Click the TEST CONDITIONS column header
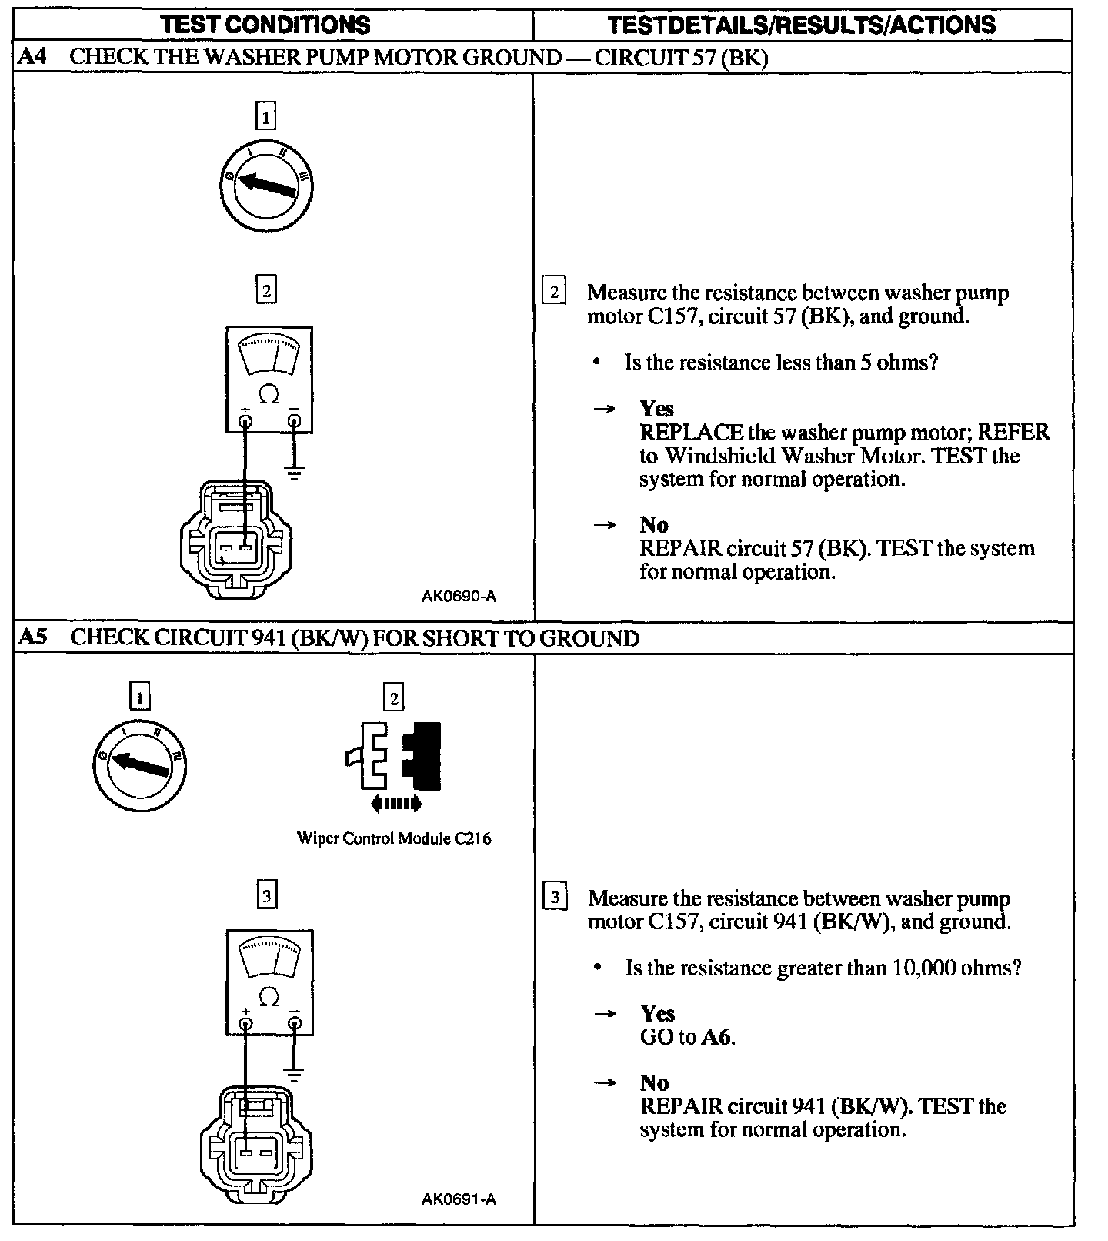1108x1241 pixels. pos(265,25)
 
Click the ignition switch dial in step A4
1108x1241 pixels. pos(266,186)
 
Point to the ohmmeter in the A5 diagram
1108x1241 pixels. pos(269,982)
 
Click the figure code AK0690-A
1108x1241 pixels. pos(459,596)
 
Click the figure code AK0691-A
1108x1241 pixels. pos(459,1199)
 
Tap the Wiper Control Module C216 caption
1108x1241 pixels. pos(393,838)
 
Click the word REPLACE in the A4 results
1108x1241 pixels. pos(691,433)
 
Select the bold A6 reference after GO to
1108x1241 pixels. pos(716,1037)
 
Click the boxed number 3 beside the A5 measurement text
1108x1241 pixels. pos(555,898)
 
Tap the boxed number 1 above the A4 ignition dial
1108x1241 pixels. pos(265,117)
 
